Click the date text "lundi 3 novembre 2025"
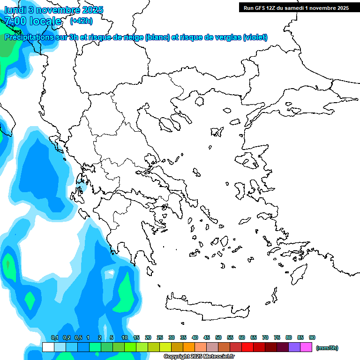(54, 10)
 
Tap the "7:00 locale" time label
(33, 21)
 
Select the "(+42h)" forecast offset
(81, 21)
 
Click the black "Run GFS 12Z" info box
(296, 7)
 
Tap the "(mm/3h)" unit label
(327, 348)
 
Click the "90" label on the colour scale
(312, 337)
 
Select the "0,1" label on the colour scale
(54, 337)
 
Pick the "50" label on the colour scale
(218, 337)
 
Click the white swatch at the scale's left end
(48, 347)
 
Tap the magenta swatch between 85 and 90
(306, 347)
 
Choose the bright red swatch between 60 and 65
(247, 347)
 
